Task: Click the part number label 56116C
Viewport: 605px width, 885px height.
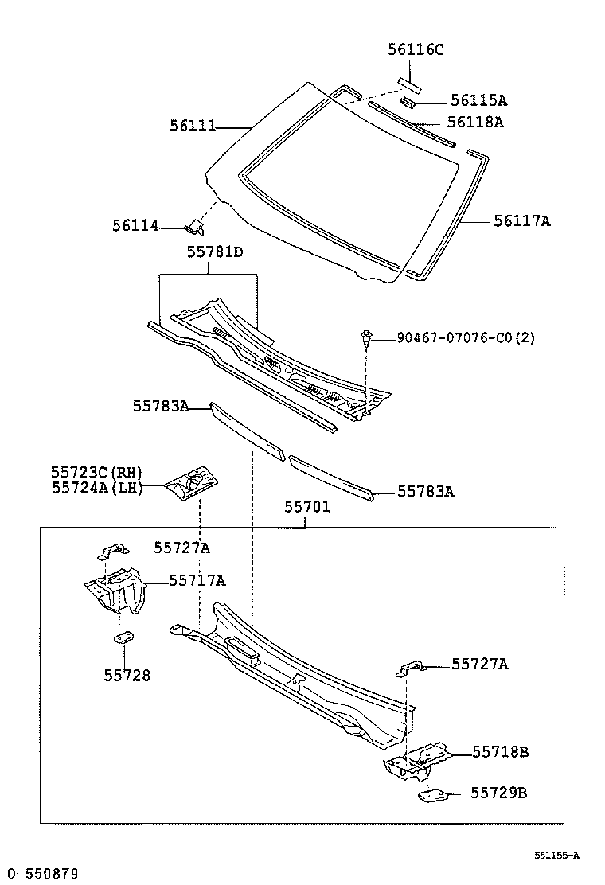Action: [416, 49]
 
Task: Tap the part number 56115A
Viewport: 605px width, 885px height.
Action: [478, 100]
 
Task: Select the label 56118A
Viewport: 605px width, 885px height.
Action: [474, 122]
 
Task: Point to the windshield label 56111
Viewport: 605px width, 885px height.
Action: [193, 126]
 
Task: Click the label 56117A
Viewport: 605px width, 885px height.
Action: [521, 221]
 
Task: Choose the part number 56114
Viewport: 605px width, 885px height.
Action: [135, 227]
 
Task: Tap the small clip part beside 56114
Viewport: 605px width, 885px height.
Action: [194, 228]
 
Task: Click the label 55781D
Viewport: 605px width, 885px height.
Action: [215, 252]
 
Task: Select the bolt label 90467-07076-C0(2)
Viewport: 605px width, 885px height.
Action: [466, 338]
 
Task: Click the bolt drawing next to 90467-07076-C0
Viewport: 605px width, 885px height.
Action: [365, 337]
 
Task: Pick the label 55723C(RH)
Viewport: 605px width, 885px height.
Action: [96, 474]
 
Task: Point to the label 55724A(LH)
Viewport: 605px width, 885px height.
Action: [96, 489]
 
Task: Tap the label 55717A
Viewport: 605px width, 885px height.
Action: [197, 581]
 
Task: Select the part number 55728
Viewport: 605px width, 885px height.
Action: [127, 676]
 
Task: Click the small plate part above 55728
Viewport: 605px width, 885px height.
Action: [124, 637]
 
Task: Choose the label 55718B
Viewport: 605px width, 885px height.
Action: [500, 751]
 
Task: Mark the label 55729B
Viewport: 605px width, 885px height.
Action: [498, 793]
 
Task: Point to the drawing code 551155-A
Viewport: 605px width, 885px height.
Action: [556, 856]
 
